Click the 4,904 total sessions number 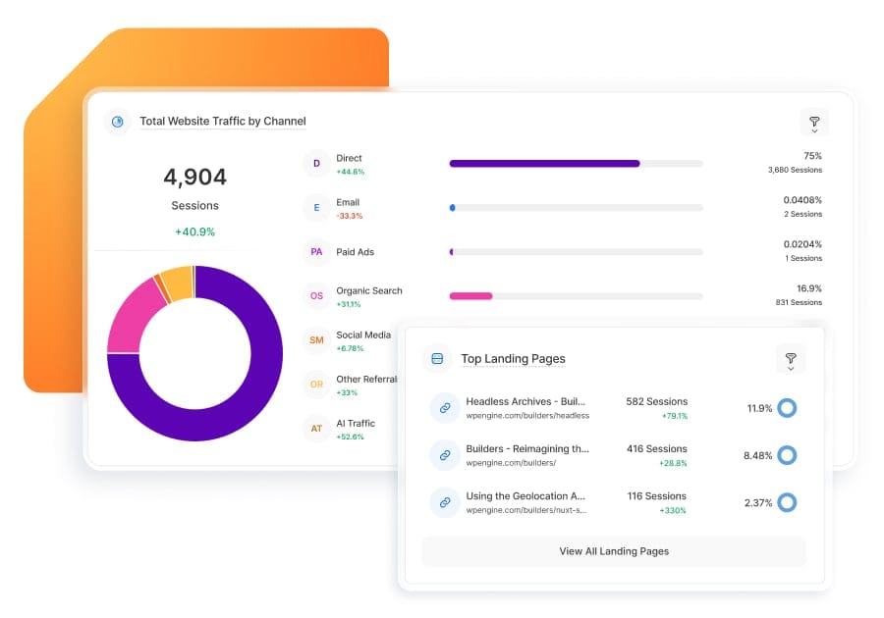pyautogui.click(x=194, y=178)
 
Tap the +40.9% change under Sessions pyautogui.click(x=194, y=232)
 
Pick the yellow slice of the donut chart pyautogui.click(x=177, y=283)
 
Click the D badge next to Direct pyautogui.click(x=316, y=164)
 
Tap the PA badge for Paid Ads pyautogui.click(x=316, y=252)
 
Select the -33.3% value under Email pyautogui.click(x=349, y=216)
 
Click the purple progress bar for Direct pyautogui.click(x=544, y=164)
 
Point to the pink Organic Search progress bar pyautogui.click(x=470, y=295)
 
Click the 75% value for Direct pyautogui.click(x=812, y=156)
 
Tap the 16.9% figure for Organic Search pyautogui.click(x=808, y=288)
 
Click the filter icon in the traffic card pyautogui.click(x=814, y=123)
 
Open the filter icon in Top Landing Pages pyautogui.click(x=791, y=359)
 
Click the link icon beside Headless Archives pyautogui.click(x=445, y=408)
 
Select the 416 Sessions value pyautogui.click(x=657, y=448)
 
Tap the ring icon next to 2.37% pyautogui.click(x=786, y=502)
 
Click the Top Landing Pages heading pyautogui.click(x=513, y=359)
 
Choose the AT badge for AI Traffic pyautogui.click(x=316, y=429)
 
